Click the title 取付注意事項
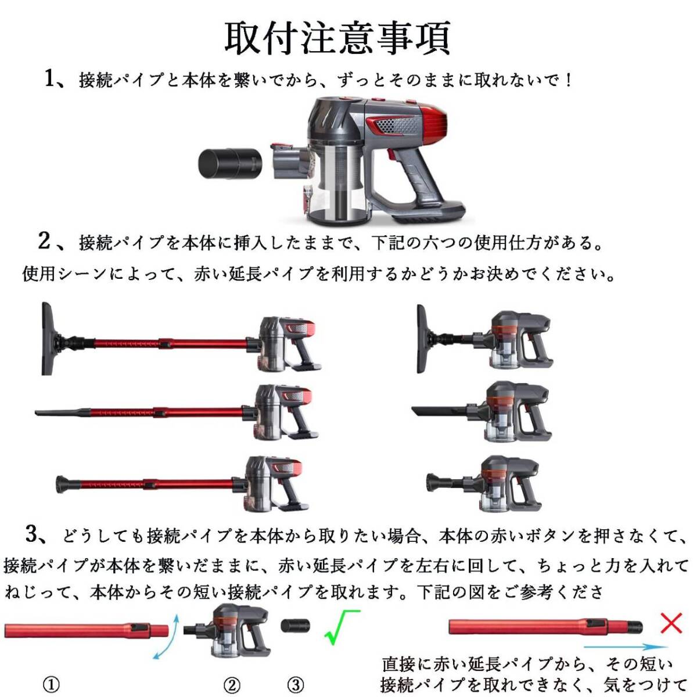[337, 38]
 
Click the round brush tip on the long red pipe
[63, 483]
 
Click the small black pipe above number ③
[296, 626]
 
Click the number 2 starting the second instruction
[44, 240]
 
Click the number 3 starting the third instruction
[33, 533]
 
